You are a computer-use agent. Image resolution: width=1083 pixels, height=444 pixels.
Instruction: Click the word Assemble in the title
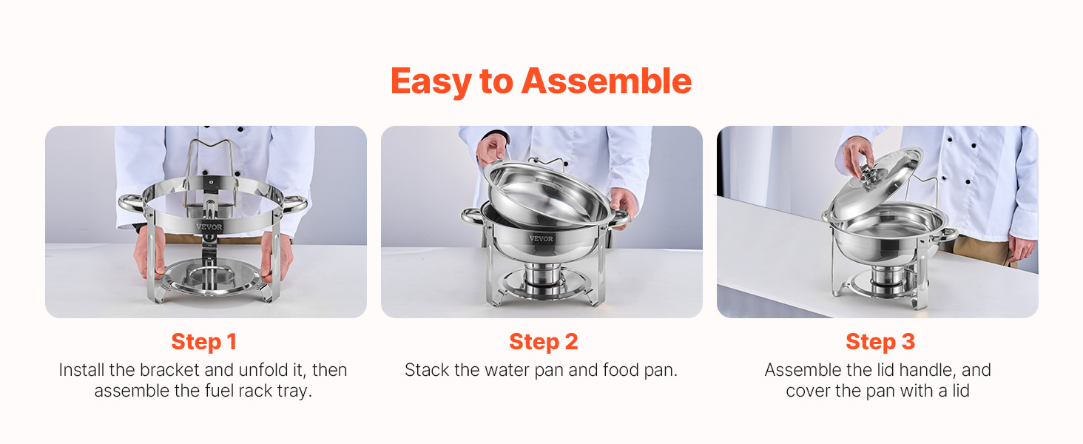[x=607, y=81]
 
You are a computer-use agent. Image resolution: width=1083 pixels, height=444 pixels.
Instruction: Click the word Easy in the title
[x=431, y=82]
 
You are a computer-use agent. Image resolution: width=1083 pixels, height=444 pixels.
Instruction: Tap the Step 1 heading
[x=203, y=342]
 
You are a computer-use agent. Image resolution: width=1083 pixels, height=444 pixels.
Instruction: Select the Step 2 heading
[x=544, y=342]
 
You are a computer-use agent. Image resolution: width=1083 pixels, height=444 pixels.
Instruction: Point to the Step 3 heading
[x=880, y=342]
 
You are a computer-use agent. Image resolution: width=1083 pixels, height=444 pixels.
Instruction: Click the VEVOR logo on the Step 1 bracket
[x=209, y=226]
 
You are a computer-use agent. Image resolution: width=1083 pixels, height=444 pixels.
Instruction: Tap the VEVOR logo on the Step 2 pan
[x=541, y=238]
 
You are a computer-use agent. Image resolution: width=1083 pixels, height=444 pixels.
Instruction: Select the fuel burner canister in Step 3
[x=888, y=280]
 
